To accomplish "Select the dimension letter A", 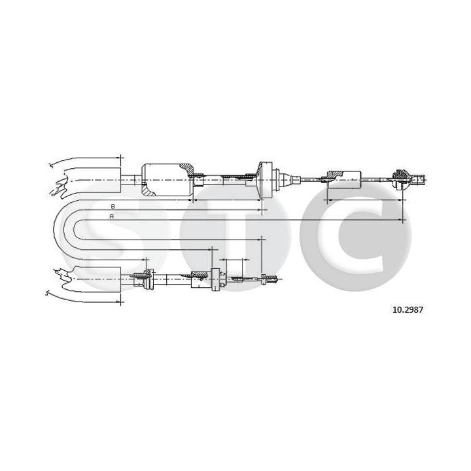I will (112, 216).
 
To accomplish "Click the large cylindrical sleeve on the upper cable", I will (167, 179).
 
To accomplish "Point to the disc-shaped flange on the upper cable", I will (265, 178).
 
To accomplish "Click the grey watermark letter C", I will (353, 230).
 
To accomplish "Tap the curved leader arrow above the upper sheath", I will (72, 159).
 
